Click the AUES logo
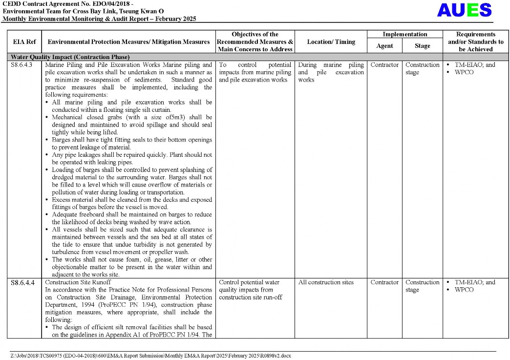[x=464, y=10]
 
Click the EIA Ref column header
[x=24, y=42]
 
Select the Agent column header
[x=384, y=45]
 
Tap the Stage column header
[x=422, y=45]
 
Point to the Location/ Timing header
[x=331, y=42]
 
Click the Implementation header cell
[x=404, y=34]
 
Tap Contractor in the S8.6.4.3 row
[x=384, y=65]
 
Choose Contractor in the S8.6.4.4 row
[x=384, y=282]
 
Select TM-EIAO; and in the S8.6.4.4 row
[x=474, y=282]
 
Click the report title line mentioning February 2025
[x=99, y=19]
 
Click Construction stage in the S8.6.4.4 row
[x=422, y=286]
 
